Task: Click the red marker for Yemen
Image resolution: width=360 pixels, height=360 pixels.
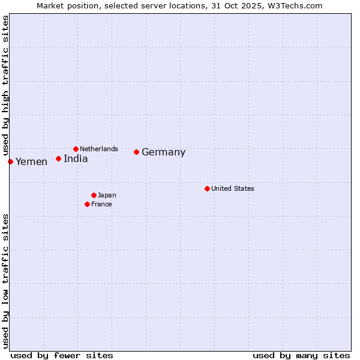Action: coord(10,161)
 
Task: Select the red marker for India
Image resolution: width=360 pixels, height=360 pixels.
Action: coord(58,158)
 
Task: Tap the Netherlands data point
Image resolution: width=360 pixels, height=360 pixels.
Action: coord(76,149)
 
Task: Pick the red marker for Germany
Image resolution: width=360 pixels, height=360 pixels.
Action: coord(136,152)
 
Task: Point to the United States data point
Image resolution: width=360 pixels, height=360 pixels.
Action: coord(207,188)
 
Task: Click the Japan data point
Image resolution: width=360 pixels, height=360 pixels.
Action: coord(94,195)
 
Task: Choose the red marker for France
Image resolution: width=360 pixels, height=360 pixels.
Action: coord(87,204)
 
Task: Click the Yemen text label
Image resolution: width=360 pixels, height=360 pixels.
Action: coord(31,162)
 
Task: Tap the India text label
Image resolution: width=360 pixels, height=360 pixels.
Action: coord(76,159)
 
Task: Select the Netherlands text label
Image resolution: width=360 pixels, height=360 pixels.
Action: coord(99,149)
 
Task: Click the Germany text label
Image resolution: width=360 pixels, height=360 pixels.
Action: coord(163,152)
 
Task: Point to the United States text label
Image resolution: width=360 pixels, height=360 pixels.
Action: coord(233,188)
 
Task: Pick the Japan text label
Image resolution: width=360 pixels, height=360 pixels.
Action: coord(107,195)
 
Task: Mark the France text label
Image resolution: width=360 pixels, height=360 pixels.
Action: coord(101,204)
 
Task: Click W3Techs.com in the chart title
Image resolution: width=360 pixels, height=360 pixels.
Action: coord(295,5)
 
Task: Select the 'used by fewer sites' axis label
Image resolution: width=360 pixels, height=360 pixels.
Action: coord(62,355)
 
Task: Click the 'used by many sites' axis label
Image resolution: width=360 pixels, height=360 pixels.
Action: coord(301,355)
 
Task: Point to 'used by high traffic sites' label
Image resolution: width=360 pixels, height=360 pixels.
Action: coord(5,85)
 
